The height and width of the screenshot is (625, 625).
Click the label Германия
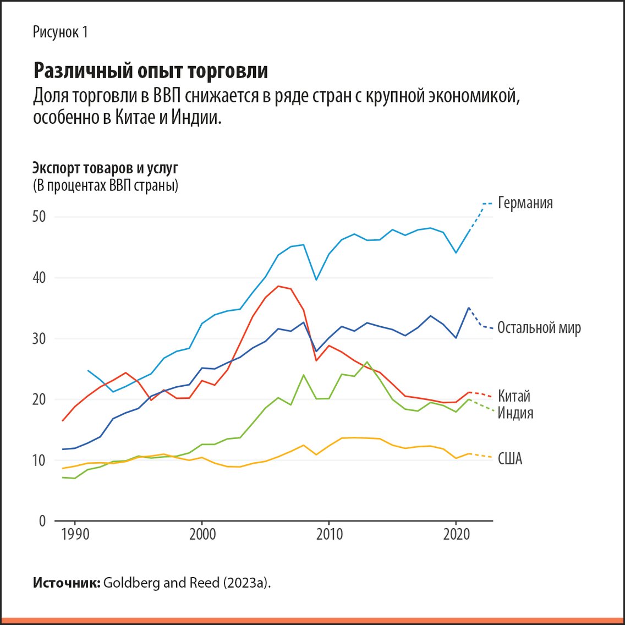[x=525, y=203]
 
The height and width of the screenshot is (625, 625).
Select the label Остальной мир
[x=539, y=328]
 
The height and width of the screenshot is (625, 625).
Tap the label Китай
[x=514, y=396]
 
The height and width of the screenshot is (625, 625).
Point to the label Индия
[x=515, y=413]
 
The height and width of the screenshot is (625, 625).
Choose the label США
[x=509, y=459]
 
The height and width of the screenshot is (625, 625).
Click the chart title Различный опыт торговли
[x=151, y=71]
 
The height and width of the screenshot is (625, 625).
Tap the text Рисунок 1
[x=60, y=32]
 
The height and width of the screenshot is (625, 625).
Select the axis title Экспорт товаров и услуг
[x=105, y=168]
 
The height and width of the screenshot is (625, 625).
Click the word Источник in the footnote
[x=66, y=583]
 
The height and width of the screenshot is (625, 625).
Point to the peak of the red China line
[x=278, y=286]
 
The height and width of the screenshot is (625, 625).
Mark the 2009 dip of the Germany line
[x=316, y=279]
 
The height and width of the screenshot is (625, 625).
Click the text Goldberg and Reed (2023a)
[x=187, y=583]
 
